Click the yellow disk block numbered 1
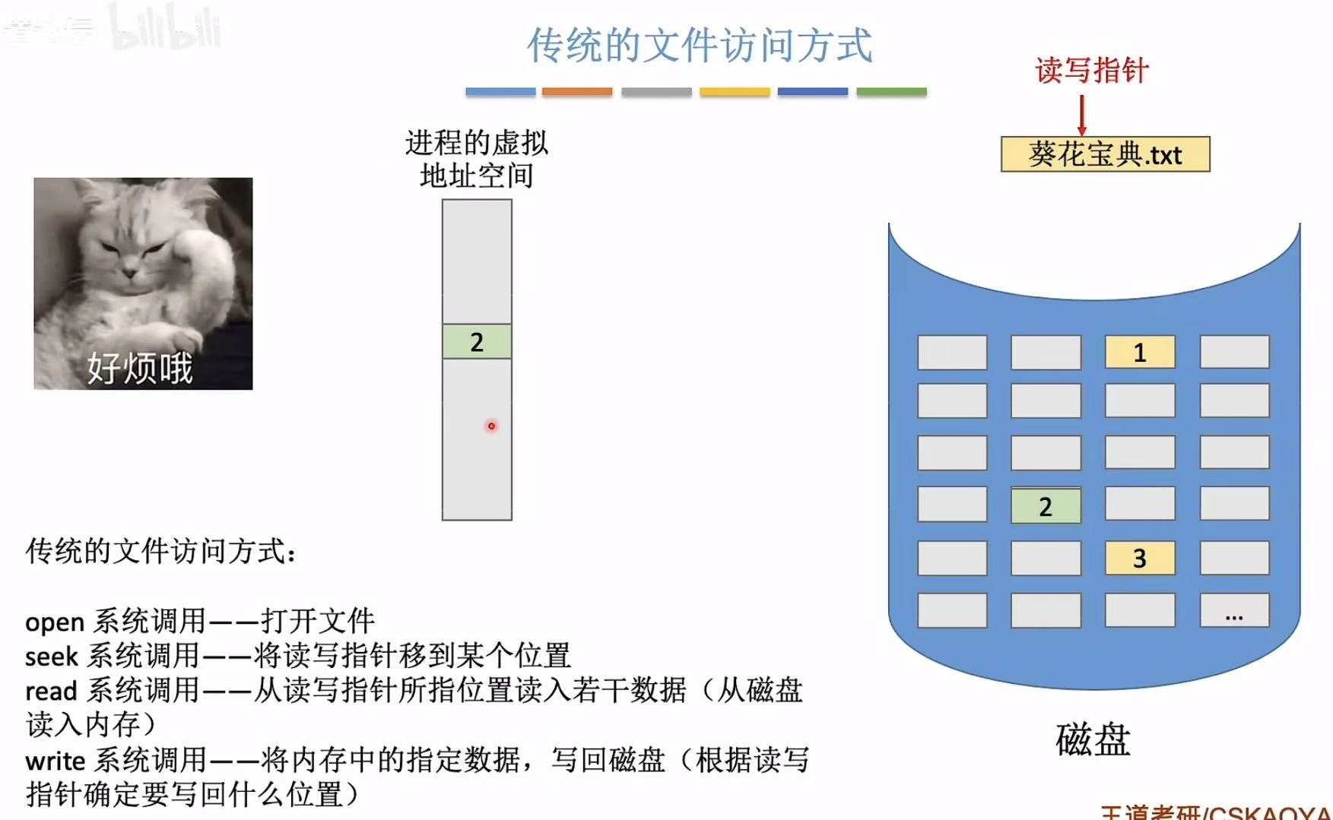click(1139, 353)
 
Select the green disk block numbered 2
click(1046, 506)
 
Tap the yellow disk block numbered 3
click(1139, 559)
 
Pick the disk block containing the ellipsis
click(1234, 611)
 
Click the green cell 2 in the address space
click(477, 342)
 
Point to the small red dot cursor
click(491, 426)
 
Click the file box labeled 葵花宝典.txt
click(1105, 155)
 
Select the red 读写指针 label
click(1091, 71)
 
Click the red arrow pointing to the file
click(1081, 116)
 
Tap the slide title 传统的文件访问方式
click(700, 46)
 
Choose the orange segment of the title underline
click(577, 92)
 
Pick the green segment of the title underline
click(891, 92)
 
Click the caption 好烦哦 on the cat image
click(140, 369)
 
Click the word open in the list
click(55, 622)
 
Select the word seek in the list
click(52, 657)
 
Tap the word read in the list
click(51, 692)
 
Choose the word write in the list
click(55, 761)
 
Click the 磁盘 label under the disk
click(1093, 740)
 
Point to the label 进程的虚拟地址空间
click(477, 159)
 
